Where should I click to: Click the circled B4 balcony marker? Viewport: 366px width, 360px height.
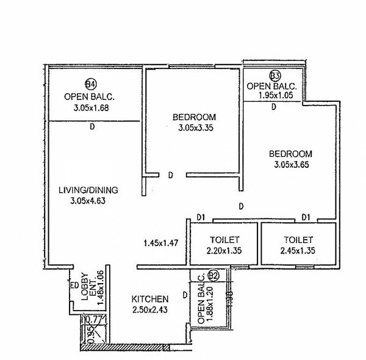tap(90, 84)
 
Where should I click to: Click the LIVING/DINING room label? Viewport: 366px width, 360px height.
tap(88, 190)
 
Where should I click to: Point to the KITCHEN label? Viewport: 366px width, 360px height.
tap(150, 299)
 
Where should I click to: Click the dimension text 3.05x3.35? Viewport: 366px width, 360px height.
tap(194, 128)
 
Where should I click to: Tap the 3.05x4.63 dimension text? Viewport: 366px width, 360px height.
tap(89, 200)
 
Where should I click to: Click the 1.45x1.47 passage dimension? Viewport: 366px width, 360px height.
tap(160, 243)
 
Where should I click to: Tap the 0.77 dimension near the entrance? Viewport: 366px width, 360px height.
tap(92, 319)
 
